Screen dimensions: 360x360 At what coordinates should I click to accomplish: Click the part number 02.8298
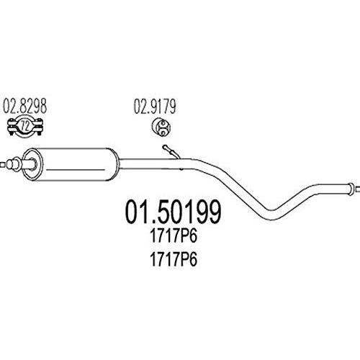click(x=24, y=106)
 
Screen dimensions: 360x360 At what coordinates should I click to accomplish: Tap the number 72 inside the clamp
click(x=25, y=126)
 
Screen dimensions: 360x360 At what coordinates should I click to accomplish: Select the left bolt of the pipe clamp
click(x=11, y=127)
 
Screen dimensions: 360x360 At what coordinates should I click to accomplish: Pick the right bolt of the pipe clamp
click(x=40, y=127)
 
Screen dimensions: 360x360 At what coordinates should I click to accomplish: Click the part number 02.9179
click(x=155, y=106)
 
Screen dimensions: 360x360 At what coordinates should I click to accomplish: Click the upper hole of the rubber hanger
click(x=163, y=124)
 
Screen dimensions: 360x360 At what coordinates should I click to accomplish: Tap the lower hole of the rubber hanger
click(x=163, y=131)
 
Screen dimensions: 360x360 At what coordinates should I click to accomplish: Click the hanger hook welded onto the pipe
click(x=171, y=152)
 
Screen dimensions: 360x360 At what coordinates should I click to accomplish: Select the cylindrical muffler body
click(x=71, y=164)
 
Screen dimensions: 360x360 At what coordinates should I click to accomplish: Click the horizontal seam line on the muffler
click(x=76, y=170)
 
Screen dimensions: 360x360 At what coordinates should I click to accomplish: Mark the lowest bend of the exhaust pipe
click(x=271, y=215)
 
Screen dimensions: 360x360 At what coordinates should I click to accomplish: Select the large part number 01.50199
click(x=173, y=212)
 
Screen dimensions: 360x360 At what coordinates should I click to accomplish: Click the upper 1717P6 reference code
click(x=174, y=235)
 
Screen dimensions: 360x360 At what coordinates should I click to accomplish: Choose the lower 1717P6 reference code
click(x=174, y=259)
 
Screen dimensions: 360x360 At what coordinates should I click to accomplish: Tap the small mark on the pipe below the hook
click(x=181, y=169)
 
